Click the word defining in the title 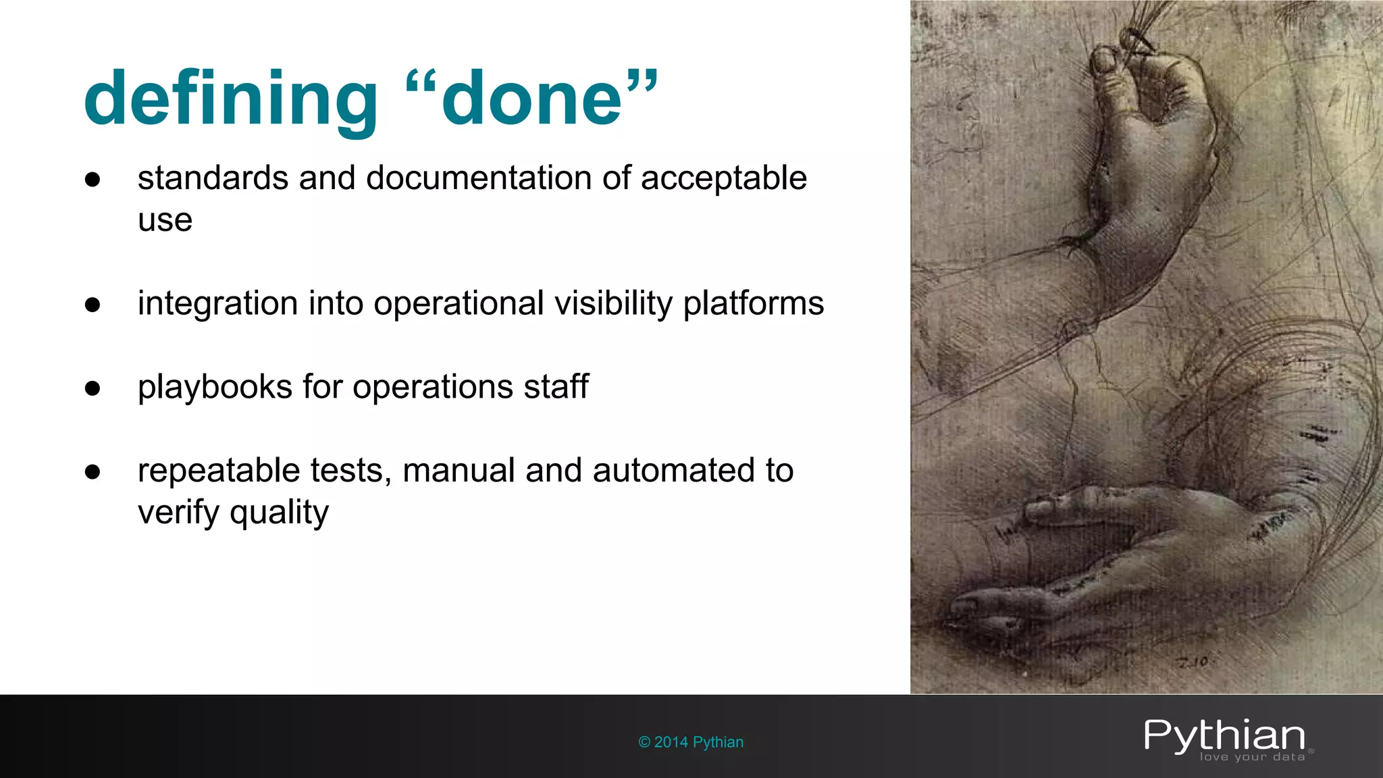click(x=230, y=100)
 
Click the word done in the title click(x=531, y=100)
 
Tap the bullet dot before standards click(x=93, y=180)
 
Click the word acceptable click(x=723, y=178)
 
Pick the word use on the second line click(x=165, y=220)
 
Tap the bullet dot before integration click(x=93, y=305)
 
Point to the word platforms click(x=753, y=303)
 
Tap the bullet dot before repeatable click(x=93, y=471)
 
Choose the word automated click(x=675, y=471)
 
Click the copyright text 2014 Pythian click(x=691, y=742)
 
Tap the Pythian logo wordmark click(x=1224, y=736)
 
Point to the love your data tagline click(x=1252, y=757)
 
